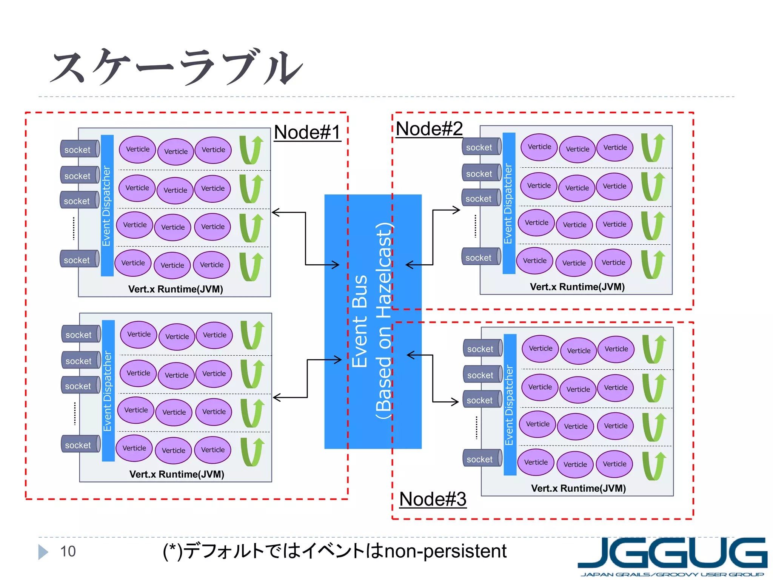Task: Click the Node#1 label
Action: click(x=307, y=133)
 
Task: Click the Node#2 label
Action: click(x=429, y=129)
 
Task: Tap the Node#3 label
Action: click(x=433, y=499)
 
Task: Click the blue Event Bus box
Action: click(x=373, y=321)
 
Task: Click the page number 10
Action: click(x=68, y=551)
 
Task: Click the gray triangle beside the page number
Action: click(x=43, y=552)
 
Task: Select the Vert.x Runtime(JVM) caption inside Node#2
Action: click(x=577, y=287)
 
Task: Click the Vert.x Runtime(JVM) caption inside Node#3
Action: click(x=578, y=489)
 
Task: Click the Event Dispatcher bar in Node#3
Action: click(x=510, y=405)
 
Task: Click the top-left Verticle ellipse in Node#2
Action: click(x=539, y=147)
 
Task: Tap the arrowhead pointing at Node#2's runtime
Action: click(x=457, y=210)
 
